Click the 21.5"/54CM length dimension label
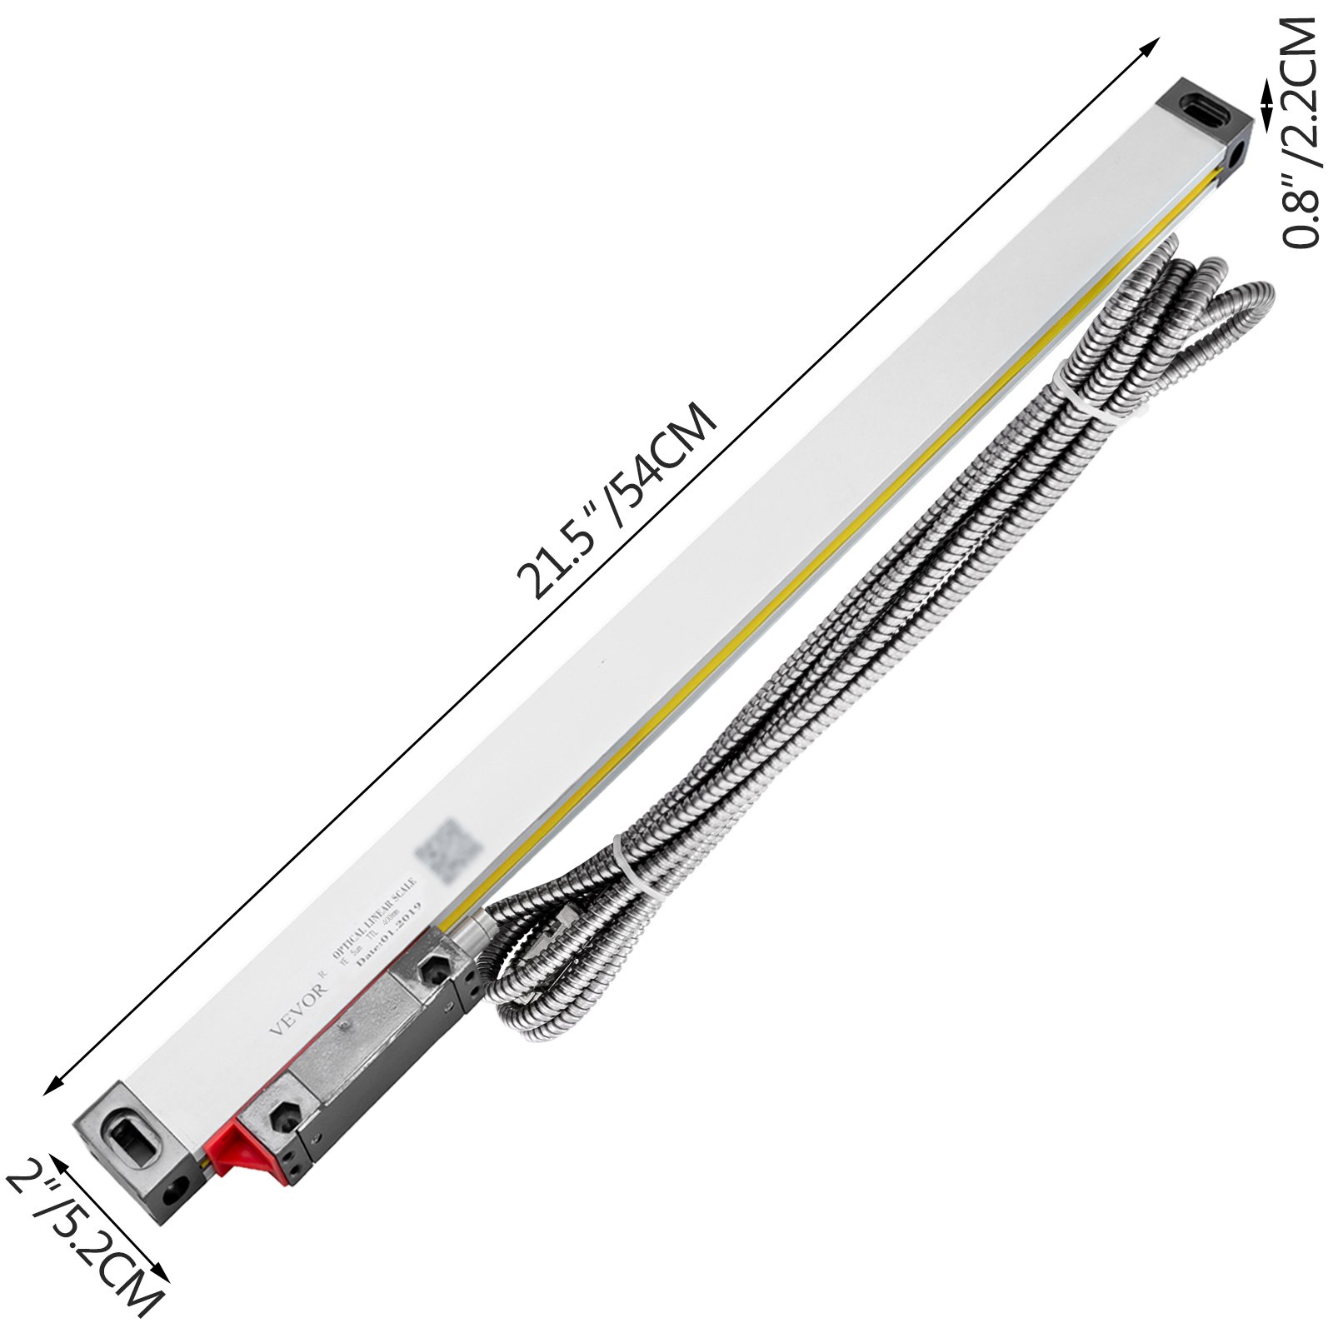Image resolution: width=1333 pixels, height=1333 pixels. click(617, 502)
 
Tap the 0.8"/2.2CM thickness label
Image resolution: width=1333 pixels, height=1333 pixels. click(1301, 133)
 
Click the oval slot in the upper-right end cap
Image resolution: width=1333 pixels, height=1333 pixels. click(1206, 110)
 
